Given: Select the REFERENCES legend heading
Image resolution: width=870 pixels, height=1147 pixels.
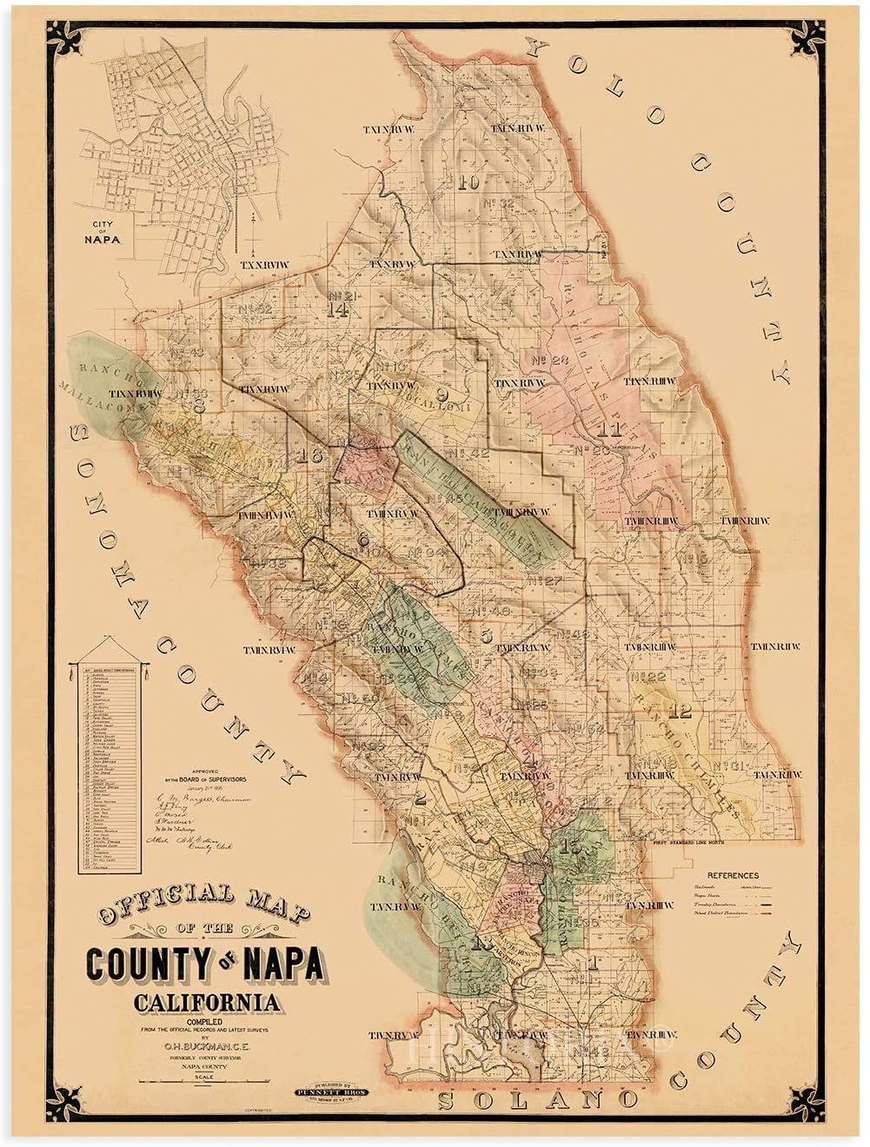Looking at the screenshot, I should (x=732, y=875).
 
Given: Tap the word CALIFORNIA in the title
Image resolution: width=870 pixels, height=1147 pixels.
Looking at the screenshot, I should (x=207, y=1003).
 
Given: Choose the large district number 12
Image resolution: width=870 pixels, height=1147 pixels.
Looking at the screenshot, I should (x=681, y=712).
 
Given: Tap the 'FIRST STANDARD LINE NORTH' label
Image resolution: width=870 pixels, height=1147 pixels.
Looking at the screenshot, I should (x=705, y=842).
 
